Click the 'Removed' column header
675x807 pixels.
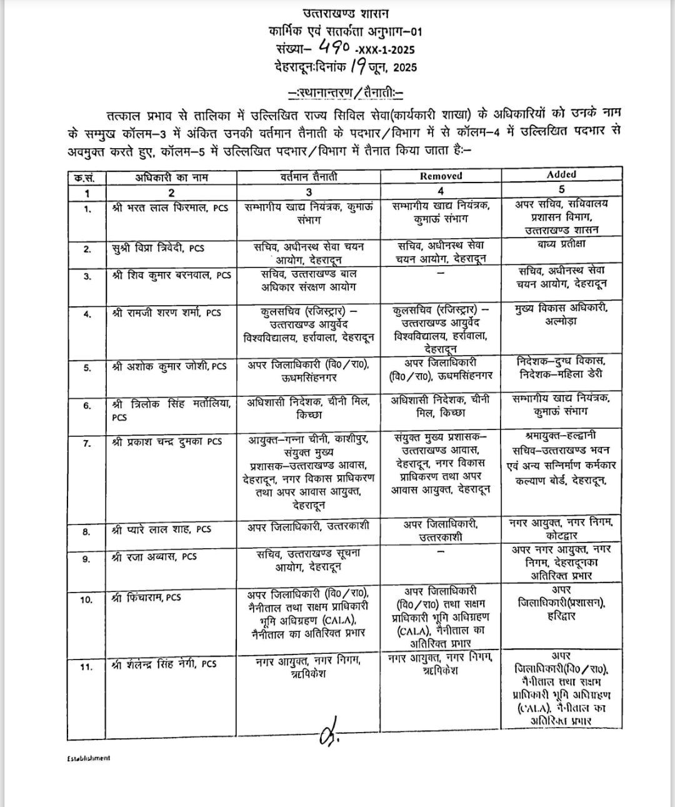[441, 176]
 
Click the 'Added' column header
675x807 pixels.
[561, 174]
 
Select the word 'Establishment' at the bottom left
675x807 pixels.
[88, 758]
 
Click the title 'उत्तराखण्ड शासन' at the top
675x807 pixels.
[345, 13]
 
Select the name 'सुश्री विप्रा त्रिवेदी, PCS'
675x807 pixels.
[158, 248]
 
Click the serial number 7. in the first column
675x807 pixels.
[87, 443]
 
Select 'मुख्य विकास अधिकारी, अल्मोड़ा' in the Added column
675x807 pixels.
[561, 314]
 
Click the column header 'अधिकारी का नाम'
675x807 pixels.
[171, 177]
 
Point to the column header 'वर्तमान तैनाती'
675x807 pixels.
[309, 177]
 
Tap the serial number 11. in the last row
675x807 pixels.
[86, 667]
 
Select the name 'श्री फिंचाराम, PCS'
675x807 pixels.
[146, 597]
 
